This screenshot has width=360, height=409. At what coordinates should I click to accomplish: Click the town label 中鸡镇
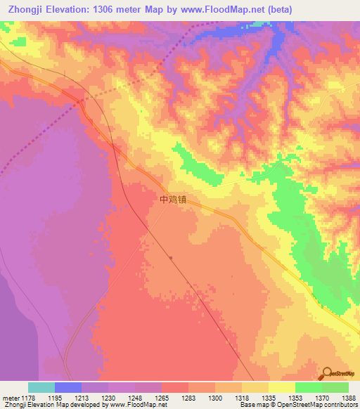173,199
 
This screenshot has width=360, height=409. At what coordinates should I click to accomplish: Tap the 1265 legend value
162,398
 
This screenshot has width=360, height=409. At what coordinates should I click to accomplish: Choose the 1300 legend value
215,398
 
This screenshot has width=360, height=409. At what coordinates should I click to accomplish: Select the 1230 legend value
108,398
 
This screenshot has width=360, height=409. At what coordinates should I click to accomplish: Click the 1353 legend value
295,398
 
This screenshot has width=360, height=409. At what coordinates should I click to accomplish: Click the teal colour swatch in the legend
41,387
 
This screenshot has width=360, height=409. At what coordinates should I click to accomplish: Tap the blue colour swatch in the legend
68,387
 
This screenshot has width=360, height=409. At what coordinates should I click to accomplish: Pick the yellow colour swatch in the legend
282,387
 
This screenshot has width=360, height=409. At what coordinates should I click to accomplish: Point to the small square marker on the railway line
171,257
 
